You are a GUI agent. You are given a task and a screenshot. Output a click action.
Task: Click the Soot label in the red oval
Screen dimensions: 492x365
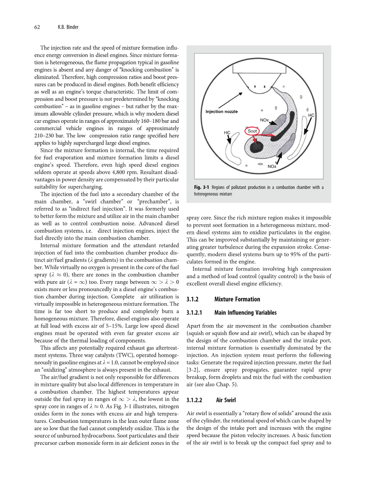point(253,131)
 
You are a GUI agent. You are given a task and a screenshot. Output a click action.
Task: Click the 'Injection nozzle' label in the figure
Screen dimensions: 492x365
point(221,112)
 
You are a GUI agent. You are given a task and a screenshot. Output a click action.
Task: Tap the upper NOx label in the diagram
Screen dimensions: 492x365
point(264,120)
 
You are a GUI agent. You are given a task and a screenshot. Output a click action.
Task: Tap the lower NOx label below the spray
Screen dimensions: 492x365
point(271,166)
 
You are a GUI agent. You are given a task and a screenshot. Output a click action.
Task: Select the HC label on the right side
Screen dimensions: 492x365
point(311,115)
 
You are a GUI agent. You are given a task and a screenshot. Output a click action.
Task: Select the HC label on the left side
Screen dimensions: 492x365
point(227,133)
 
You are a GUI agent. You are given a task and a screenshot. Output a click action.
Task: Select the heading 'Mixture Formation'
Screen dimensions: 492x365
point(237,299)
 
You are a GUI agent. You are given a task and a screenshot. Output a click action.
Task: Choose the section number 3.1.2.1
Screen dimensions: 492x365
point(197,313)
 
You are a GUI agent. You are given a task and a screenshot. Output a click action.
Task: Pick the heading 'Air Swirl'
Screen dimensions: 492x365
point(226,400)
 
